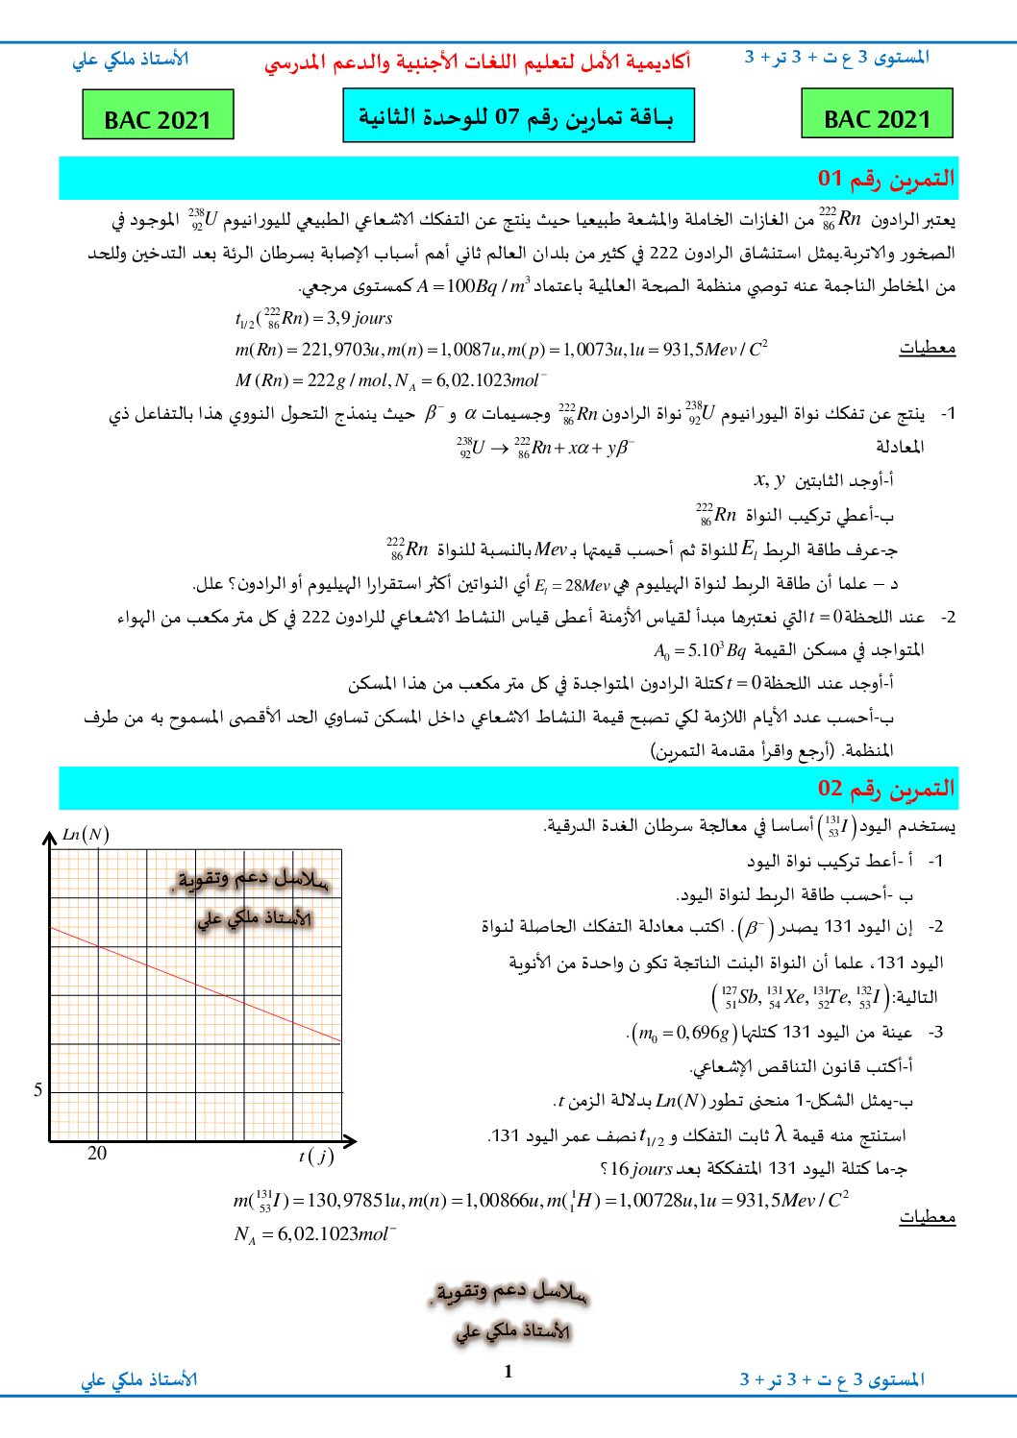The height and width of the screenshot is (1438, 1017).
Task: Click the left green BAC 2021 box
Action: coord(158,115)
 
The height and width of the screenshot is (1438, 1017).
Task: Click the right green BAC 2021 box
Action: coord(877,114)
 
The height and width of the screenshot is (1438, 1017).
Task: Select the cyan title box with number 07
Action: coord(518,116)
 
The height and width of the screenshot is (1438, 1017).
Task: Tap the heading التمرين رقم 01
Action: coord(885,179)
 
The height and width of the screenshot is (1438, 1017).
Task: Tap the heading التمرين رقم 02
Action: coord(885,789)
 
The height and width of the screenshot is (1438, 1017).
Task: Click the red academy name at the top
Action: coord(477,63)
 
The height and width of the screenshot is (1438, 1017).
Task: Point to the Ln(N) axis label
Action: coord(86,835)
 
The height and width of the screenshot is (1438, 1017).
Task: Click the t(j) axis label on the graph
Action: coord(315,1156)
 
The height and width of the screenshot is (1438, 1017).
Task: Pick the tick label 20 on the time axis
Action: coord(97,1154)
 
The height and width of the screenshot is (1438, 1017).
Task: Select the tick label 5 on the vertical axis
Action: coord(38,1090)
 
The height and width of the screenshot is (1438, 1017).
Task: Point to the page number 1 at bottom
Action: coord(508,1372)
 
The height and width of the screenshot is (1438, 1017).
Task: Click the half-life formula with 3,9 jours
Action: coord(314,318)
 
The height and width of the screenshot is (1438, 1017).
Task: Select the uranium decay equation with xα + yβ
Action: coord(545,448)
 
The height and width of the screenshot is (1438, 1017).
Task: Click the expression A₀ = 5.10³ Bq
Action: coord(699,651)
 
